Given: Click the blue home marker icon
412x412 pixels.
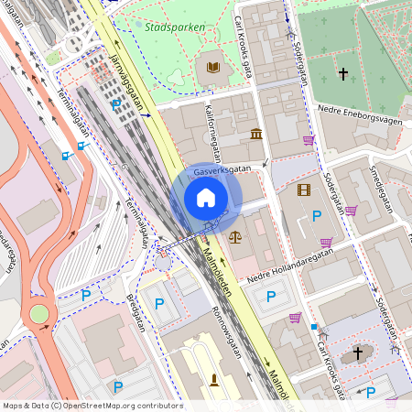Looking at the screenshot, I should pos(206,198).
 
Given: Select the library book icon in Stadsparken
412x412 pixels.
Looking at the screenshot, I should pos(213,67).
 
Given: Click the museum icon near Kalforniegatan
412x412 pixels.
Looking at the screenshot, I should pos(255,135).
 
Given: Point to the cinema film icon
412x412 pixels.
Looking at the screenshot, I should pos(304,190).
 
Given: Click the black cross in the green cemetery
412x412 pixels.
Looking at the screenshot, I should pos(343,72).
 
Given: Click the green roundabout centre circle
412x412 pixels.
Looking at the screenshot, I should pos(38,314).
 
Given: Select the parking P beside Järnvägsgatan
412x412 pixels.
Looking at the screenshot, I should pos(115,106).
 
